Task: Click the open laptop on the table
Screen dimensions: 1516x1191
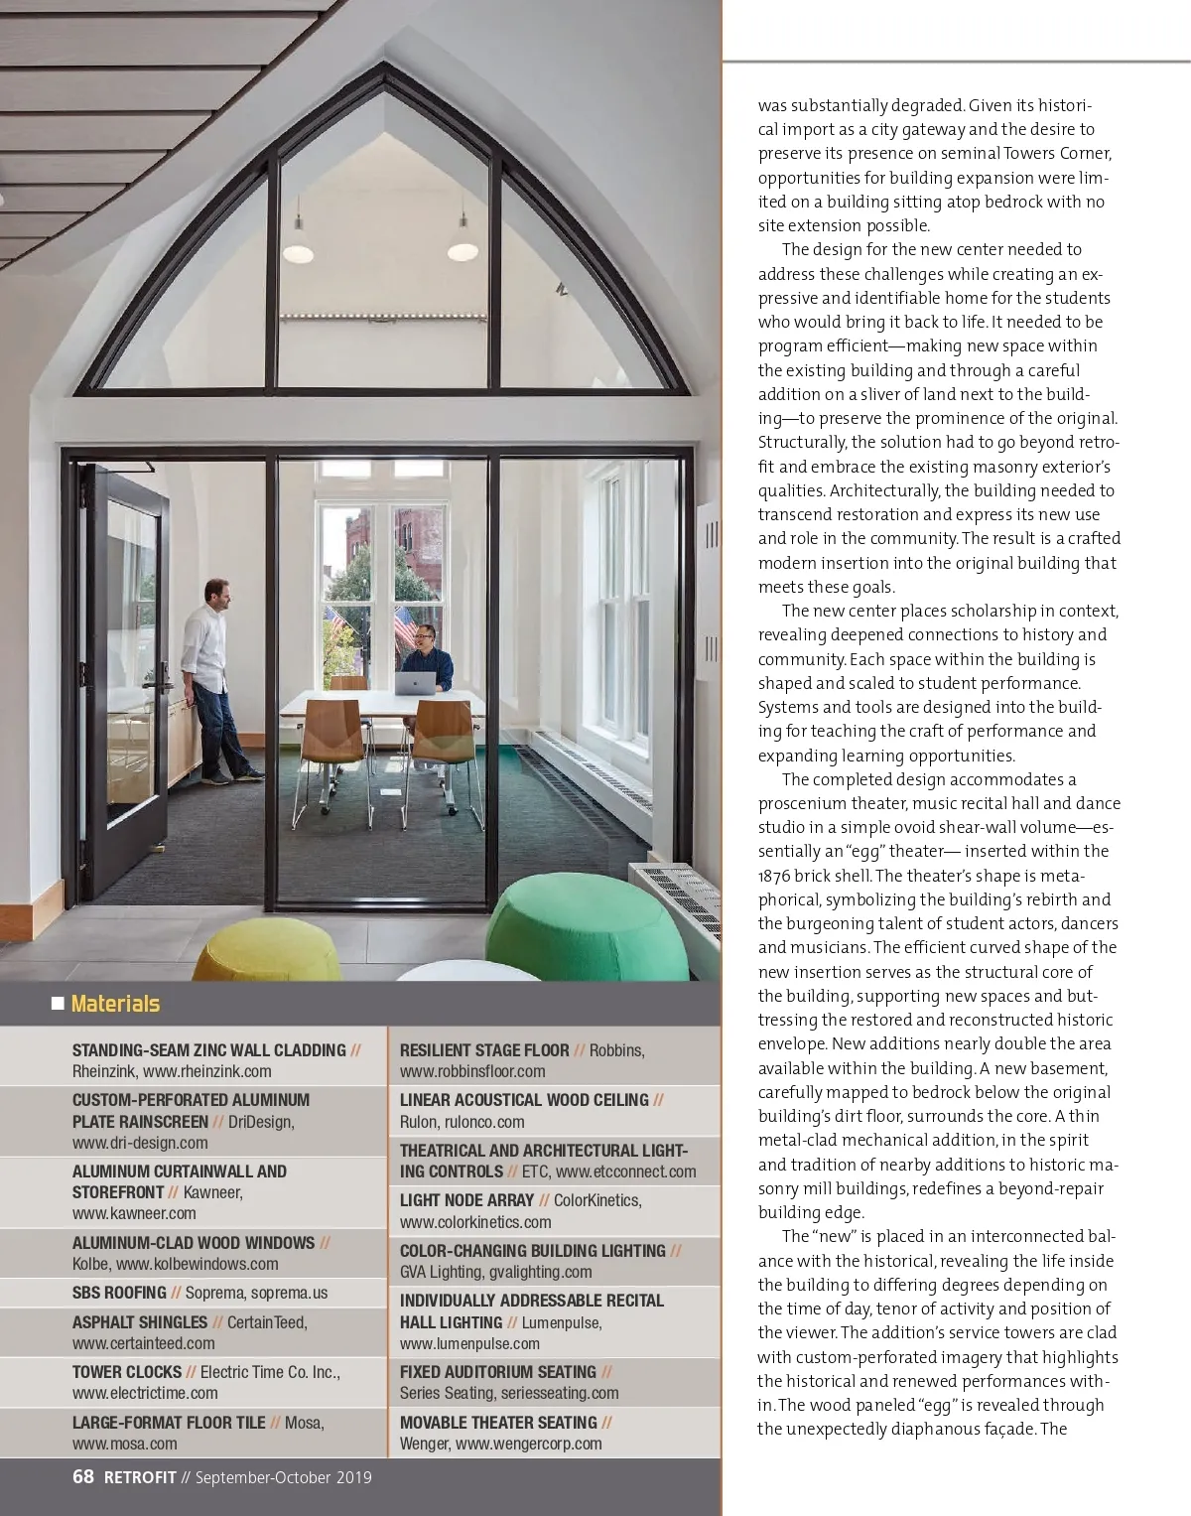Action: click(415, 683)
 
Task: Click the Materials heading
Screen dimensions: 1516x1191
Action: click(115, 1004)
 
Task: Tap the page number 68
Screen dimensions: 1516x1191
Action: click(83, 1476)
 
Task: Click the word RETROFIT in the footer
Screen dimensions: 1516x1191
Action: click(140, 1477)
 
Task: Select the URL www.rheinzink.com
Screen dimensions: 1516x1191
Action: click(206, 1071)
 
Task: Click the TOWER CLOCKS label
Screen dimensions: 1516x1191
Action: click(126, 1371)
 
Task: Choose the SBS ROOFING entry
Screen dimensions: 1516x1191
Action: click(119, 1292)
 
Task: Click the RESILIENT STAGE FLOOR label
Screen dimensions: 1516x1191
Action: click(484, 1049)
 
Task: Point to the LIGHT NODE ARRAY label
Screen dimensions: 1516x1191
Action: click(466, 1199)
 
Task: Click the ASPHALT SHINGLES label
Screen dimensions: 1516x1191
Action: click(139, 1321)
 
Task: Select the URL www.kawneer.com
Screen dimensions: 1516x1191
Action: click(134, 1213)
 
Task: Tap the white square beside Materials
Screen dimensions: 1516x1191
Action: click(58, 1004)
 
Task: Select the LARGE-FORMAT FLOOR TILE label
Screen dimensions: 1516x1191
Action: click(168, 1422)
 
